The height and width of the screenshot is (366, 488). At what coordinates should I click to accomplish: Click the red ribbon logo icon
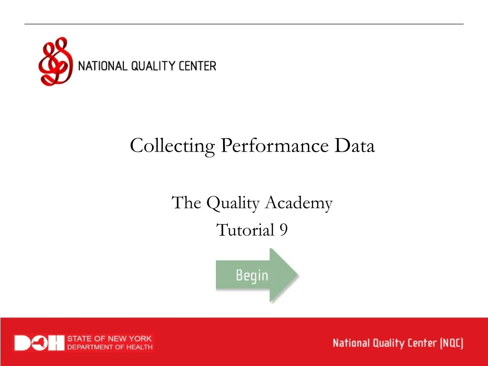pos(55,62)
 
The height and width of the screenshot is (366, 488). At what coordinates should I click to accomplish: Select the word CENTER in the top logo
pos(198,66)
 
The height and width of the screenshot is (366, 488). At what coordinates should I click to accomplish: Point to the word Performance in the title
pos(274,146)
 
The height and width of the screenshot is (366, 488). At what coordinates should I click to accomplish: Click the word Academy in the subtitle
pos(298,203)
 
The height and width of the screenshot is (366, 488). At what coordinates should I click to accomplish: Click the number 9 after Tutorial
pos(283,230)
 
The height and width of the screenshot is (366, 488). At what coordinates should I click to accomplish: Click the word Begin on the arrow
pos(252,275)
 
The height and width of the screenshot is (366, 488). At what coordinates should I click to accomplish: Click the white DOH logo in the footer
pos(39,343)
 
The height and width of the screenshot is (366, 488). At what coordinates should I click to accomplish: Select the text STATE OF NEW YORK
pos(110,339)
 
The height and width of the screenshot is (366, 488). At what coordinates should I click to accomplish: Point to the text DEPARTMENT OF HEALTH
pos(110,347)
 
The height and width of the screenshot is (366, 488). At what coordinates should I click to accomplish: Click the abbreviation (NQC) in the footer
pos(451,343)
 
